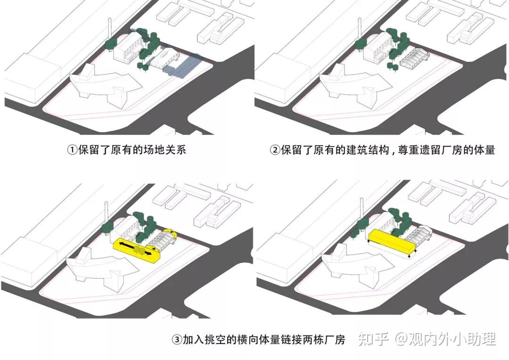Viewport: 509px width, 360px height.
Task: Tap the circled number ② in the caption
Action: pyautogui.click(x=275, y=150)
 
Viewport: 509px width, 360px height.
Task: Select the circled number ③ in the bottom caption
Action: pyautogui.click(x=177, y=340)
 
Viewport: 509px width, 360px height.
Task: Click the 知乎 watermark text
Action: pyautogui.click(x=373, y=340)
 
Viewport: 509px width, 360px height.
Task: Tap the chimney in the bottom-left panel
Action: pyautogui.click(x=106, y=213)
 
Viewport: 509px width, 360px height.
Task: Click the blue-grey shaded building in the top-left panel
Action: pyautogui.click(x=182, y=67)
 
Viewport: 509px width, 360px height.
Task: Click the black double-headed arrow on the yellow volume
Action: pyautogui.click(x=135, y=248)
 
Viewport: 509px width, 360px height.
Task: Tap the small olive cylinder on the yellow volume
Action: pyautogui.click(x=138, y=250)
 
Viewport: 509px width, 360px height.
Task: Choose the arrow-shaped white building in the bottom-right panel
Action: pyautogui.click(x=356, y=267)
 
